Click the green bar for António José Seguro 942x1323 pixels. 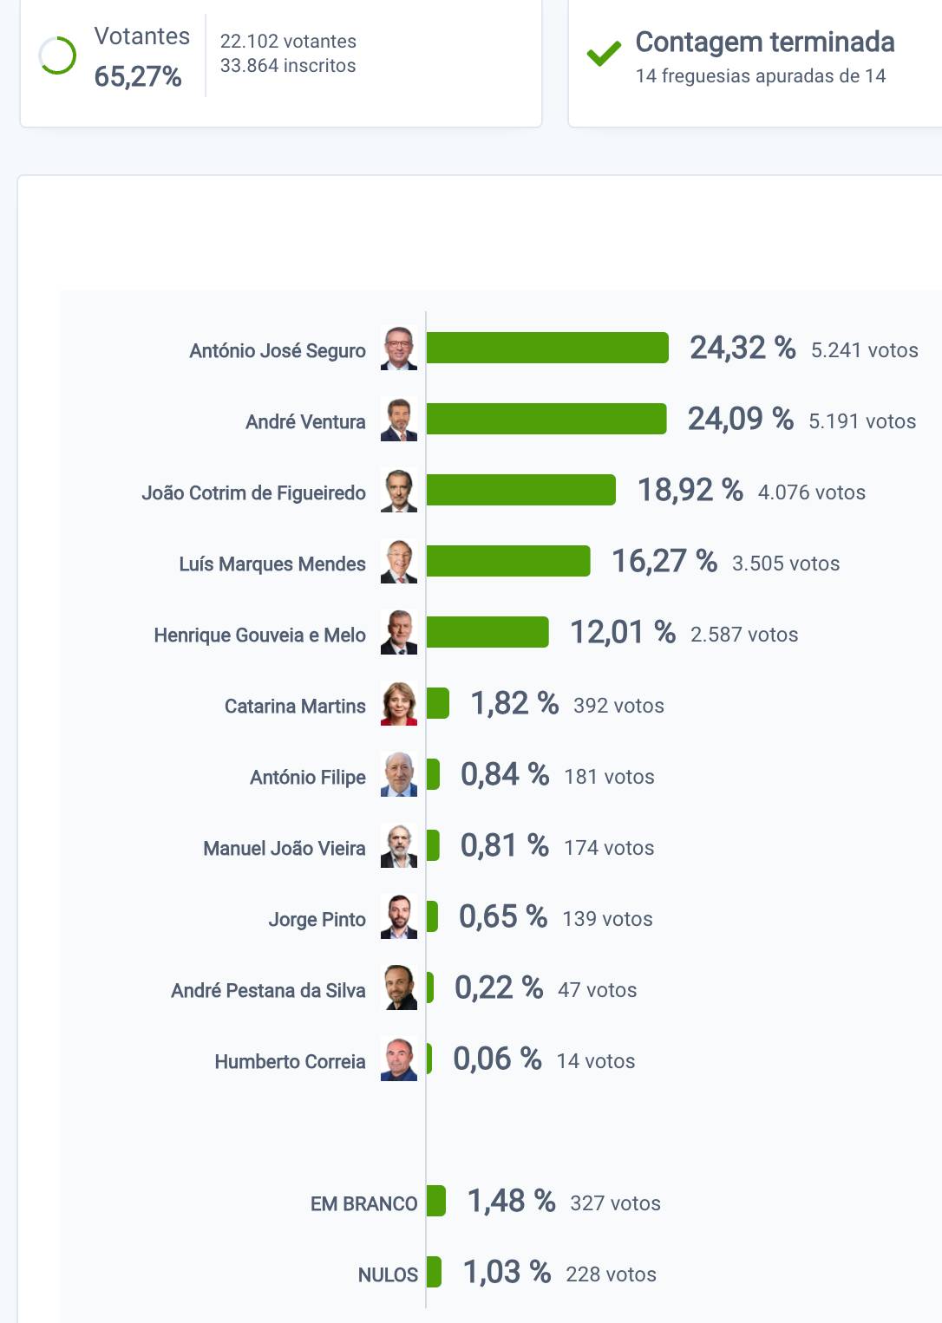pos(547,348)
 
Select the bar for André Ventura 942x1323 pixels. pos(546,419)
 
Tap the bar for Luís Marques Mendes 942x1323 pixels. pos(508,561)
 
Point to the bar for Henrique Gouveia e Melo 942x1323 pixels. pos(487,632)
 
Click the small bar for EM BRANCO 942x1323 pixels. pos(436,1201)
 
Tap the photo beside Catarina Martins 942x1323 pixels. pos(399,704)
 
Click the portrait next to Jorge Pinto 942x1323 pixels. pos(399,917)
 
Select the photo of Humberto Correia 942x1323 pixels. pos(399,1059)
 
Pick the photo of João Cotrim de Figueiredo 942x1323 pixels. pos(399,491)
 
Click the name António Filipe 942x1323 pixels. pos(308,777)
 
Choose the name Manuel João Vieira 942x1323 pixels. pos(285,848)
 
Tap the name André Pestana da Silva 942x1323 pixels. pos(268,990)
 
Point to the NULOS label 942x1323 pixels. pos(388,1274)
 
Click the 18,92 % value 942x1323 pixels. pos(690,490)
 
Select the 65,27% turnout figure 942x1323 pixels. pos(138,76)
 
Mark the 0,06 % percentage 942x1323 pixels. pos(497,1059)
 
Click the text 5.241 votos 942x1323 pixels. pos(864,350)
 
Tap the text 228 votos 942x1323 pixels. pos(611,1274)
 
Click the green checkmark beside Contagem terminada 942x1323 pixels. pos(604,54)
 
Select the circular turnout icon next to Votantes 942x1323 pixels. pos(57,55)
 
